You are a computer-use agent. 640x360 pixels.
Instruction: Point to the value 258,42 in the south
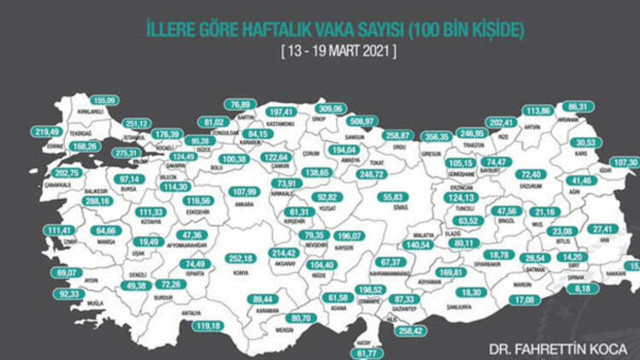point(412,329)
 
